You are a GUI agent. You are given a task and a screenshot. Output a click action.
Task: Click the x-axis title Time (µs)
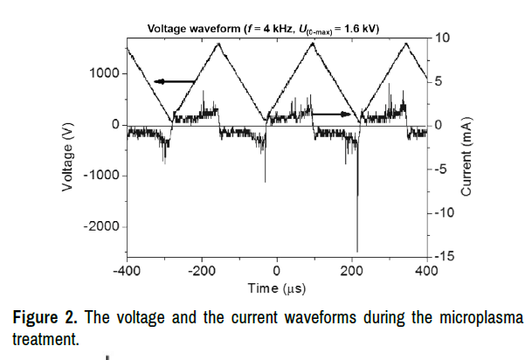pos(276,287)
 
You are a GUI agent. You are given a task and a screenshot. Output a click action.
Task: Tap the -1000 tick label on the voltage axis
pos(100,176)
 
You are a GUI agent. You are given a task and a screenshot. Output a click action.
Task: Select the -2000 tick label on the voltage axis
pos(100,226)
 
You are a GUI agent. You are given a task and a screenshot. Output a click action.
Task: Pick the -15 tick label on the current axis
pos(443,256)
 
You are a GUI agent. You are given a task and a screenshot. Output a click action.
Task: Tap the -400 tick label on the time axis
pos(128,272)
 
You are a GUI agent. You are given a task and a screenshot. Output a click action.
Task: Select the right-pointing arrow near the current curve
pos(331,114)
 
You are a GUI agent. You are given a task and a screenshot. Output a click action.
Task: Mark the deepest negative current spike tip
pos(357,251)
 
